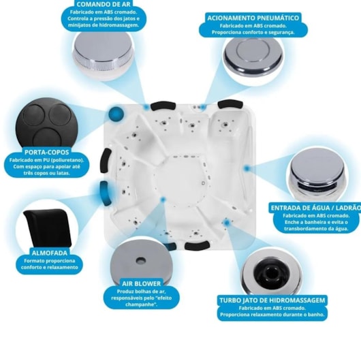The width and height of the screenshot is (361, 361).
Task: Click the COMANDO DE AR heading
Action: tap(104, 4)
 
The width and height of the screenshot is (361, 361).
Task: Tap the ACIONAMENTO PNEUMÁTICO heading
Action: tap(253, 18)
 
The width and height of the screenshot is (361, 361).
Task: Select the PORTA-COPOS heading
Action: tap(47, 152)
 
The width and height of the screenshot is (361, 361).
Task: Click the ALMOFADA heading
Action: tap(50, 253)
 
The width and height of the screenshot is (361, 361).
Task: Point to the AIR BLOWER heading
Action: tap(142, 283)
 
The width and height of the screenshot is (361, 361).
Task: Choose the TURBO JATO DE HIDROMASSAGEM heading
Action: tap(272, 300)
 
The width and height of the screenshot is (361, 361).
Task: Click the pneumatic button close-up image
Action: tap(253, 57)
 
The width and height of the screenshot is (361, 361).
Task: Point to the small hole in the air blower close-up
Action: tap(141, 260)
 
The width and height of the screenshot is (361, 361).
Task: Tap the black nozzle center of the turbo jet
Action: tap(269, 273)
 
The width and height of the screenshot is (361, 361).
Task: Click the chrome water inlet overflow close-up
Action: tap(317, 174)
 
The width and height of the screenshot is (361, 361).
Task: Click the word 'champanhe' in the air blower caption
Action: tap(141, 304)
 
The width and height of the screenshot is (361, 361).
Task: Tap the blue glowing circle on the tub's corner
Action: tap(116, 113)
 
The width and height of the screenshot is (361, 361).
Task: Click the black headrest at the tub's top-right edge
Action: tap(230, 104)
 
